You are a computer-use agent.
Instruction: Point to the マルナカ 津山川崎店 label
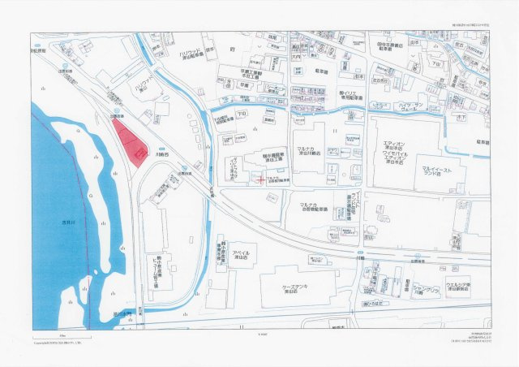tap(311, 152)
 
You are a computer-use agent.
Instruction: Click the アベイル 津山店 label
tap(241, 256)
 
